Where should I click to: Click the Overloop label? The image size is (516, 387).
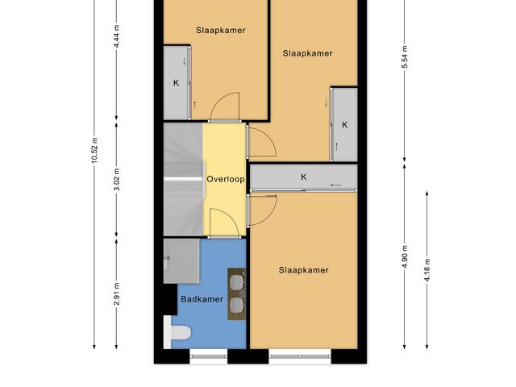(x=226, y=179)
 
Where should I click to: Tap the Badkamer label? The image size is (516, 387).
(x=202, y=299)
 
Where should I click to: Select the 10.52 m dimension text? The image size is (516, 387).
(x=94, y=151)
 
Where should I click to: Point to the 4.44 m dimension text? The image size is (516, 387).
(x=116, y=36)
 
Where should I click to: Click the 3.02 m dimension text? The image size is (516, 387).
(x=116, y=180)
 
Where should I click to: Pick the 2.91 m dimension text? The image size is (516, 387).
(x=116, y=293)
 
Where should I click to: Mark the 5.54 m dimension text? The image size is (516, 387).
(x=405, y=57)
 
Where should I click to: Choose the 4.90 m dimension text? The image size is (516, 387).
(x=405, y=256)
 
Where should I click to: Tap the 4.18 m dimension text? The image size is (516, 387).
(x=427, y=270)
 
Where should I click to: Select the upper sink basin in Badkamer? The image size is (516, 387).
(x=236, y=283)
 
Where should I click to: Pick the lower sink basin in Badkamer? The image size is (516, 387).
(x=236, y=305)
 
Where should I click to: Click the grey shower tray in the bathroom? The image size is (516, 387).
(x=181, y=261)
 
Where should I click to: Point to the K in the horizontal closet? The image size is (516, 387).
(x=303, y=177)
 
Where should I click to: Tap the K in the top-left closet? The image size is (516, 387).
(x=176, y=83)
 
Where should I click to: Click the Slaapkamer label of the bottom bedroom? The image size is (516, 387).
(x=303, y=270)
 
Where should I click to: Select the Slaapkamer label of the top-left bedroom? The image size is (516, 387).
(x=220, y=31)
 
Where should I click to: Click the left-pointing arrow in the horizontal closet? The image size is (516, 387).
(x=336, y=185)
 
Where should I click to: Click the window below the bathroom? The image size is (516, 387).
(x=209, y=356)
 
